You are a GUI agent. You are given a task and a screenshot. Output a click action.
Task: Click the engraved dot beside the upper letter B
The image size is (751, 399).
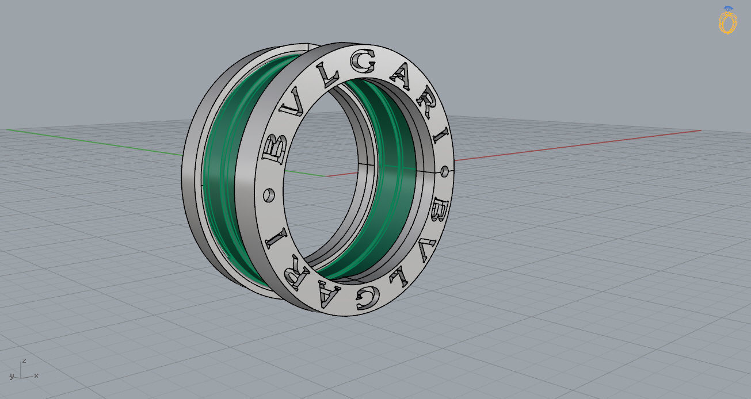click(268, 195)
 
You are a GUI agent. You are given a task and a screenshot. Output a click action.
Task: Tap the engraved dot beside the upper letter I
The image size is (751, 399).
click(444, 171)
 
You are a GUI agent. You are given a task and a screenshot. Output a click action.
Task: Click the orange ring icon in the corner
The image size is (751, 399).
click(728, 20)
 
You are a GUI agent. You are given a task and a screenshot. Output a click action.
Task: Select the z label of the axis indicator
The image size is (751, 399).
click(24, 360)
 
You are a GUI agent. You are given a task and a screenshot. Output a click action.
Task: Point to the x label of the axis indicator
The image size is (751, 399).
click(36, 375)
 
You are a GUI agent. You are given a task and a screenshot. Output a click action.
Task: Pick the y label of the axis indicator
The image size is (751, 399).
click(11, 376)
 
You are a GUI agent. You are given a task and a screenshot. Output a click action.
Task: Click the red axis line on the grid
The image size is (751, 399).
click(575, 144)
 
